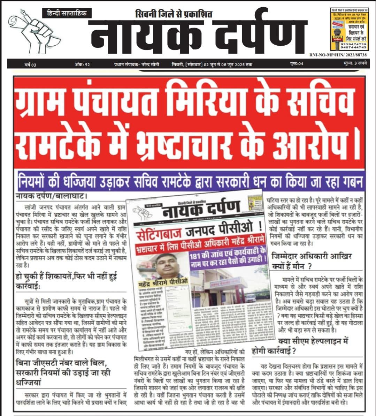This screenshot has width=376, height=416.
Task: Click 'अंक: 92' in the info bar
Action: pos(82,65)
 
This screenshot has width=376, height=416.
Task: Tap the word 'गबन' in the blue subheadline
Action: pos(351,182)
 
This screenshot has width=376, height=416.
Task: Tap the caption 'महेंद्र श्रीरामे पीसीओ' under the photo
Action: pos(161,281)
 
